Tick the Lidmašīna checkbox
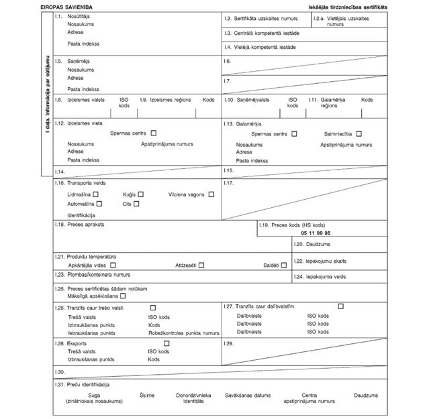click(96, 194)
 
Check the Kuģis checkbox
click(140, 194)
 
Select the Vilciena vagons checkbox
click(211, 194)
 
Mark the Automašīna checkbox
click(99, 204)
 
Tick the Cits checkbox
click(136, 204)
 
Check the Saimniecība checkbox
click(359, 134)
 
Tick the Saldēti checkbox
click(284, 265)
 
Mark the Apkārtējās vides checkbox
click(113, 265)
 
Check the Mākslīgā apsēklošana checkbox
click(123, 296)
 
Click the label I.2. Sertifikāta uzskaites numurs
click(265, 17)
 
